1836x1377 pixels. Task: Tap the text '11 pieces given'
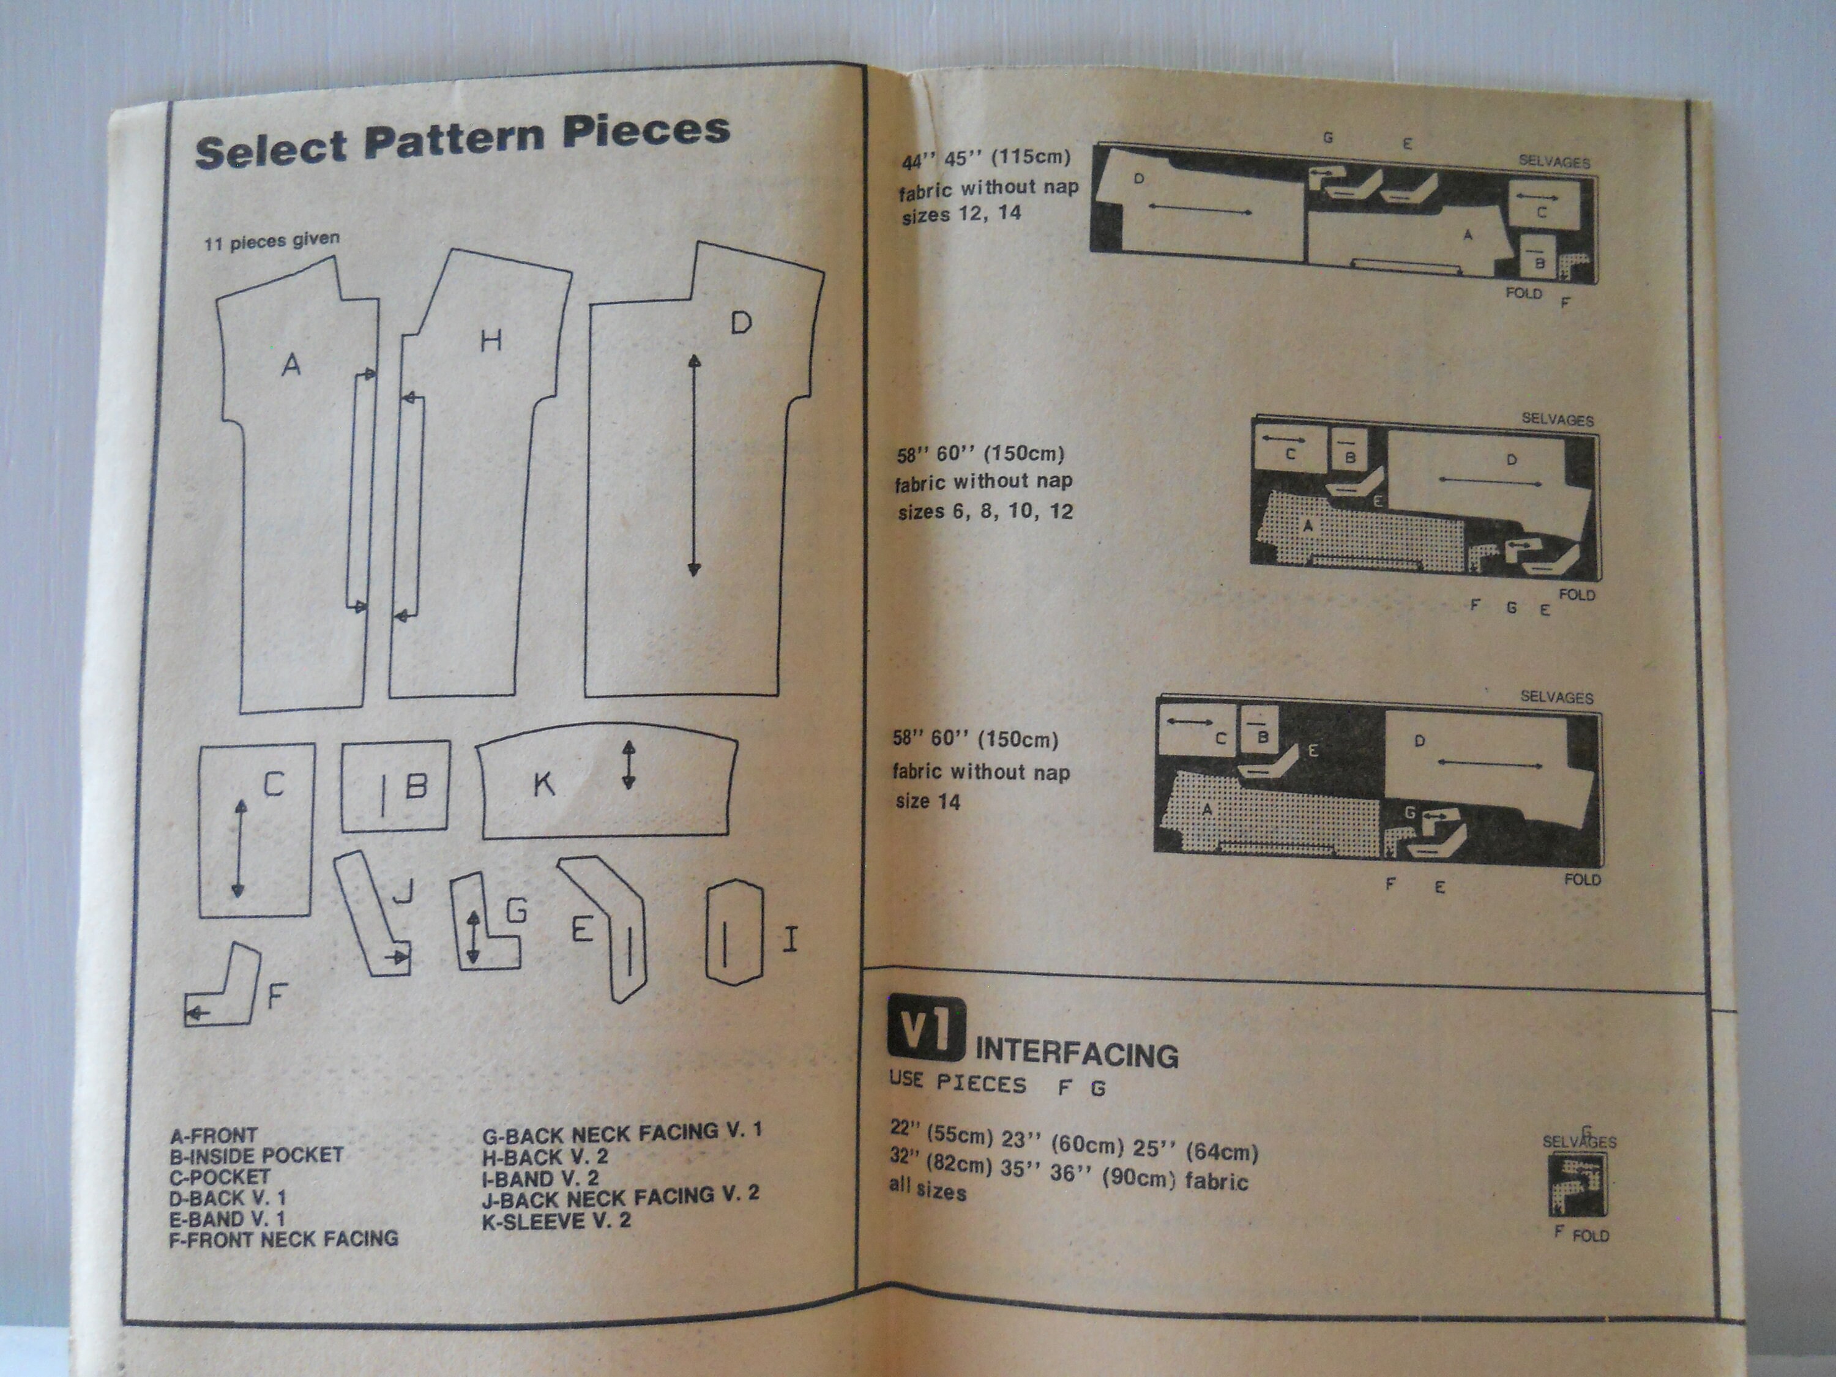tap(271, 241)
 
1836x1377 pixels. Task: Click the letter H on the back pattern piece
tap(491, 340)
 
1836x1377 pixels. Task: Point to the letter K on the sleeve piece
tap(543, 783)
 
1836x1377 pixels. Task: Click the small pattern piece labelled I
tap(734, 932)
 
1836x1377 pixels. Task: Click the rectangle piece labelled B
tap(396, 785)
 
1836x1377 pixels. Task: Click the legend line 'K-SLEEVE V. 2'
tap(556, 1221)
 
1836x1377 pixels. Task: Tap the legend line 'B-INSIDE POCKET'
tap(256, 1155)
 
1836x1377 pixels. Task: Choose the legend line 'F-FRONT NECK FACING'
tap(284, 1239)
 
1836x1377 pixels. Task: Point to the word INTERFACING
tap(1077, 1054)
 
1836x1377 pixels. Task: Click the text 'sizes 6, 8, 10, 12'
tap(985, 511)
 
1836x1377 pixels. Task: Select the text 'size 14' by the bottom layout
tap(927, 802)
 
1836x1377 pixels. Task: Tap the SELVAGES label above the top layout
tap(1554, 162)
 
